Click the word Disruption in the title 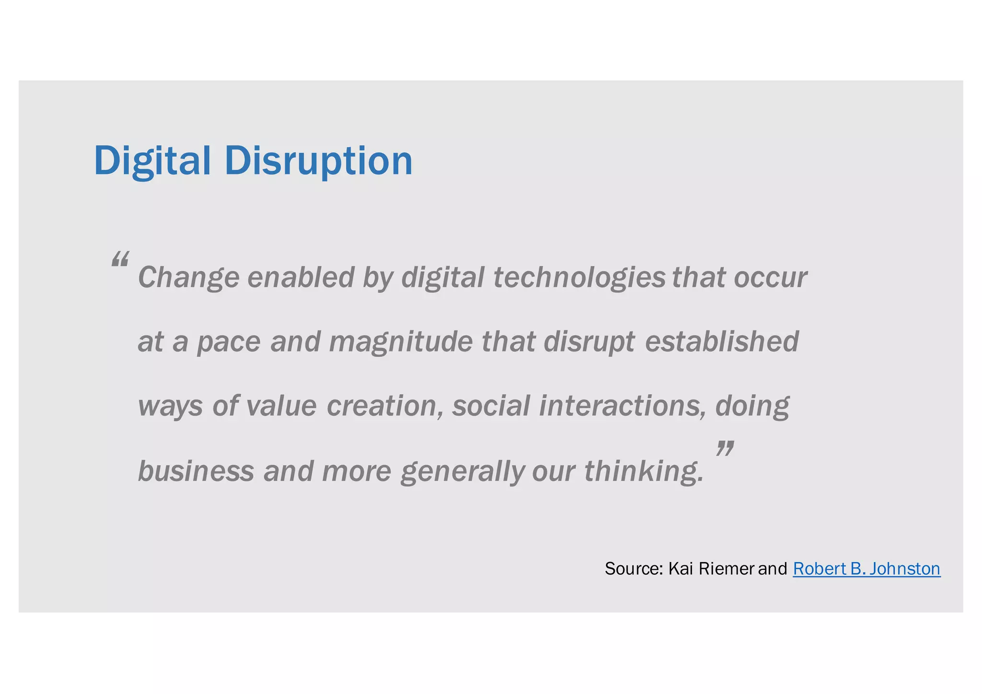(318, 161)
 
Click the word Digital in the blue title (152, 161)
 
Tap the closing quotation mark (725, 449)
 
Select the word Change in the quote (188, 278)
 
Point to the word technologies (579, 278)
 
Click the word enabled (301, 278)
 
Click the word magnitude (401, 342)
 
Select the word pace (229, 342)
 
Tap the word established (722, 342)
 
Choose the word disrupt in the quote (589, 342)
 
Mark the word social (491, 406)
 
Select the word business (196, 471)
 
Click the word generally (463, 471)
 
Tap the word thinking (644, 471)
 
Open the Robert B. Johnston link (866, 569)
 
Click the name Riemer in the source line (726, 569)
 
